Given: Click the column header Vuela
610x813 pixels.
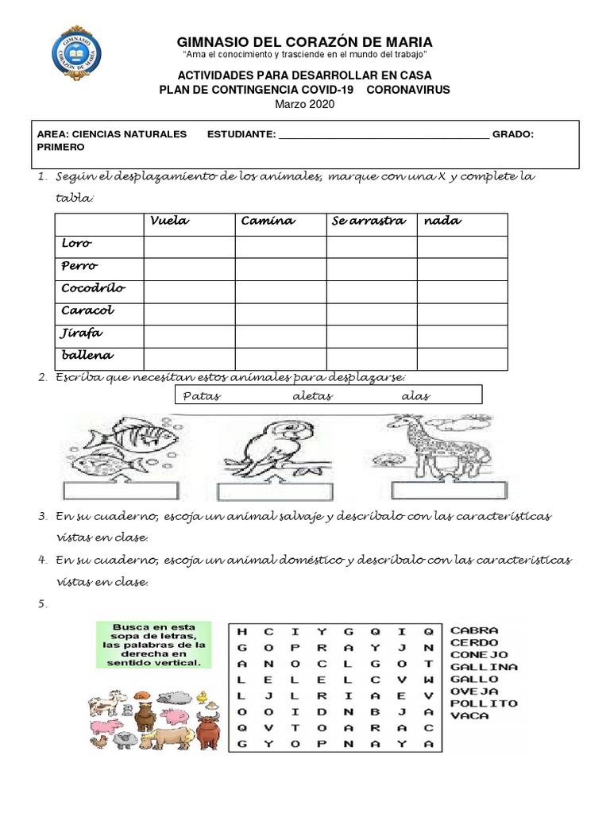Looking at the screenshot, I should click(x=169, y=222).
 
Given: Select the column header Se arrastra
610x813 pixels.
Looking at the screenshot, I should click(x=368, y=222).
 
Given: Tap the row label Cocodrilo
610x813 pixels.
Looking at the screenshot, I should click(x=93, y=288).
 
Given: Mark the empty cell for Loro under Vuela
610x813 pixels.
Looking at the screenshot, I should click(x=189, y=246).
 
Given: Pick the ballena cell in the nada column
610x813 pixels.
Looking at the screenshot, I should click(x=462, y=358).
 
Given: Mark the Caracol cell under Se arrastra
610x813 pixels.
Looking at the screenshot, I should click(x=371, y=314).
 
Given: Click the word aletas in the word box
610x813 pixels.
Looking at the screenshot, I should click(x=313, y=395).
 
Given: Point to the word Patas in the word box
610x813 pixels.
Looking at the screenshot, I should click(x=202, y=395).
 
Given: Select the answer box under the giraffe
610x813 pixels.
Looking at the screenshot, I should click(x=437, y=488).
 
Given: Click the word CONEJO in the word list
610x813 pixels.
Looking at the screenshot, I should click(x=479, y=654).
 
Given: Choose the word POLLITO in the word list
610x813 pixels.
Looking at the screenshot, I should click(x=484, y=703).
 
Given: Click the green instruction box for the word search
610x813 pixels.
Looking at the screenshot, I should click(x=154, y=645).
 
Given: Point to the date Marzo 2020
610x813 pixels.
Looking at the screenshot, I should click(x=305, y=104).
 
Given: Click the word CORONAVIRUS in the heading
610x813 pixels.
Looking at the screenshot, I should click(x=407, y=90).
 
